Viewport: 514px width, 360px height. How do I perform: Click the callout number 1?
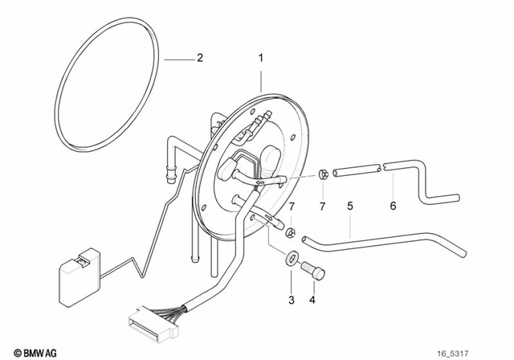[x=260, y=59]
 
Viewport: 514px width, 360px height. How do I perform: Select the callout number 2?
[x=200, y=58]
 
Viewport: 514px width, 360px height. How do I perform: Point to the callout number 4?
[x=312, y=301]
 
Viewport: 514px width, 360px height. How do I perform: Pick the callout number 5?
[x=350, y=207]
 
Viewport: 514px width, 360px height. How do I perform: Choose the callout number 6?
[x=394, y=207]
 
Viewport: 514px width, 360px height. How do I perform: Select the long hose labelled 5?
[x=377, y=238]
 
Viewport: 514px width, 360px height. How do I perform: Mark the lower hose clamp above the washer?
[x=288, y=233]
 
